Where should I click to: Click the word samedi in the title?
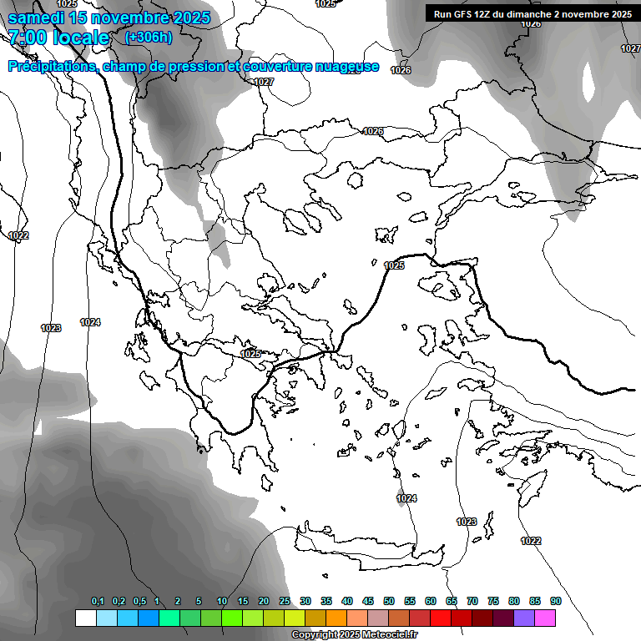click(38, 18)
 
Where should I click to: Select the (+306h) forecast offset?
click(149, 38)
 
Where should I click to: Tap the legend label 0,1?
click(98, 602)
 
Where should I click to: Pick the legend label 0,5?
click(139, 602)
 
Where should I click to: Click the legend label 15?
click(243, 602)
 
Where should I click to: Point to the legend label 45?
click(368, 602)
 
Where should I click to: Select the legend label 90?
click(556, 602)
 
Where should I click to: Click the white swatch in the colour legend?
click(85, 618)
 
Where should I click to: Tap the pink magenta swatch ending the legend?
click(545, 618)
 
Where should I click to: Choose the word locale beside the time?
click(78, 38)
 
